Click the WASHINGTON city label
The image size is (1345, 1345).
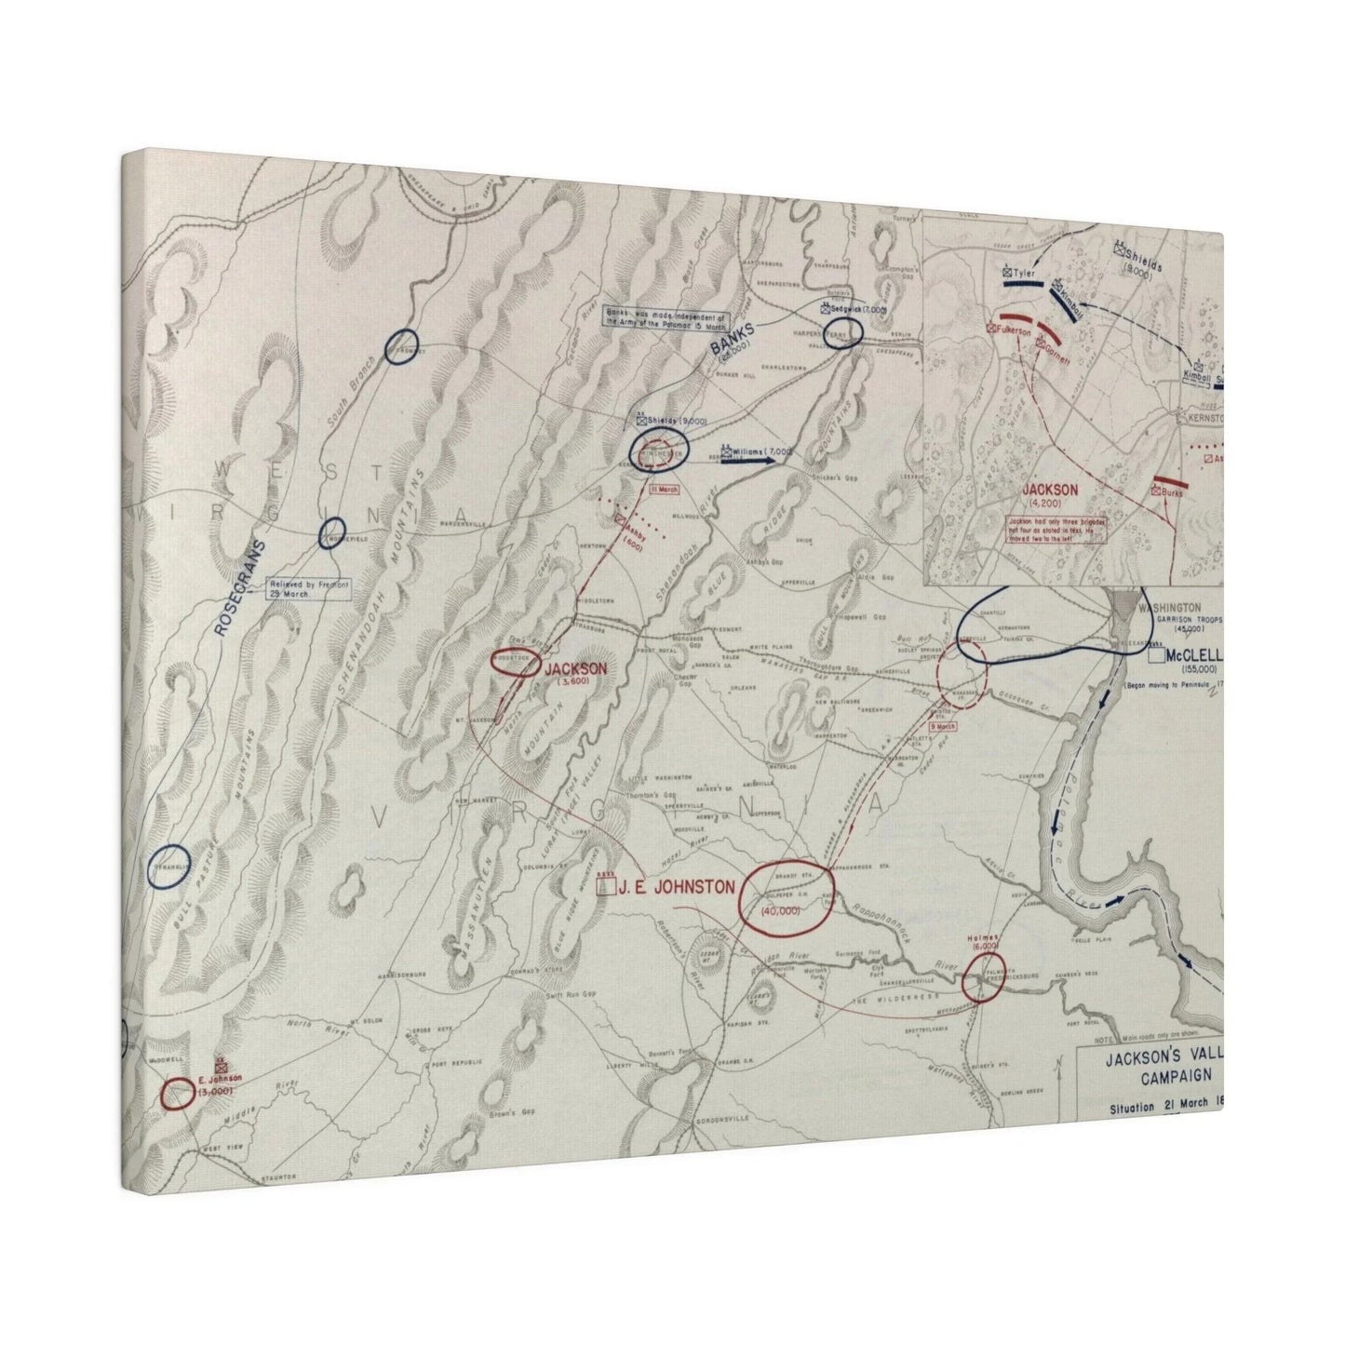1155,603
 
